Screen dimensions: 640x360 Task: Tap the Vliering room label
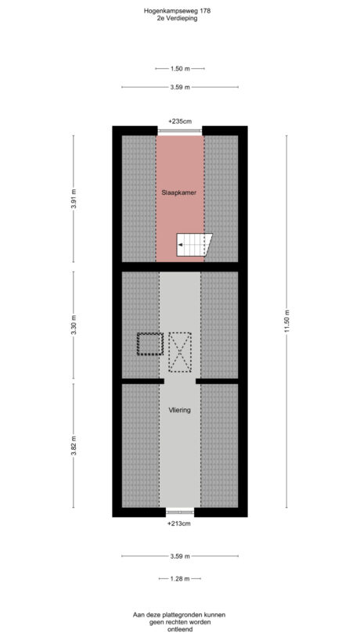tap(179, 408)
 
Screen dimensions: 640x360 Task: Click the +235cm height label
tap(179, 121)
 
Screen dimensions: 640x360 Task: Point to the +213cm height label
tap(179, 523)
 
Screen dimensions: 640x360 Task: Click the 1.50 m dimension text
tap(179, 68)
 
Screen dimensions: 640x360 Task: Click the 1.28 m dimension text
tap(179, 578)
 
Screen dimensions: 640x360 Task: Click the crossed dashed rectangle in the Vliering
tap(180, 351)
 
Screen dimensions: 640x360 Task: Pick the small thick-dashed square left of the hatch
tap(149, 344)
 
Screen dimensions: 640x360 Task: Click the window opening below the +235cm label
tap(179, 130)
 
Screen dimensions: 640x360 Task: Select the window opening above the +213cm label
tap(179, 512)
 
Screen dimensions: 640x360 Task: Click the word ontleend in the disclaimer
tap(179, 630)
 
